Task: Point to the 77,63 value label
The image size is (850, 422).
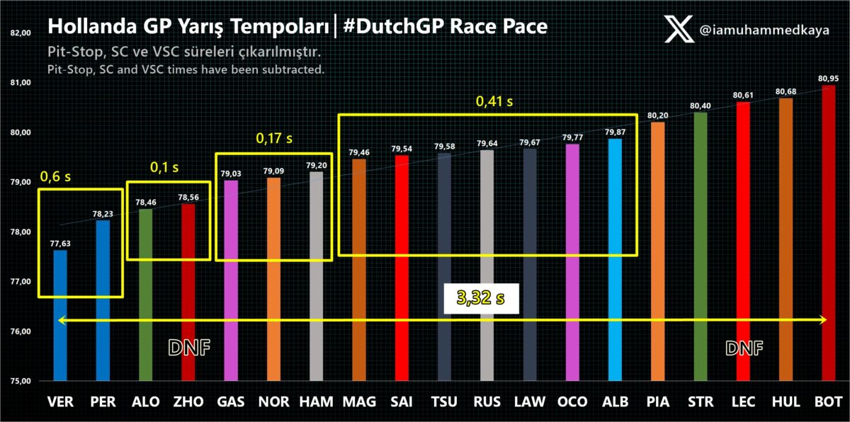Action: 60,243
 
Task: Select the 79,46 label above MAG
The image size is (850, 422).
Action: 359,152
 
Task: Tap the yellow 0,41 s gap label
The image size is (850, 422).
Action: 494,101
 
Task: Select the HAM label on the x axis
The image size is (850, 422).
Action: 317,402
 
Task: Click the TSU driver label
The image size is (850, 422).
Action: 444,402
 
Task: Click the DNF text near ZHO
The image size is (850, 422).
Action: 190,347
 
